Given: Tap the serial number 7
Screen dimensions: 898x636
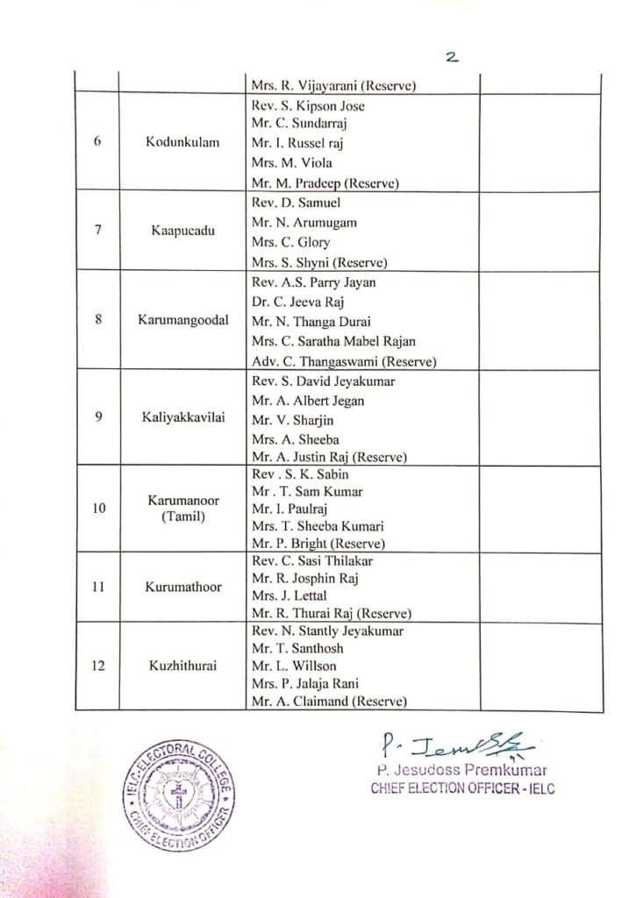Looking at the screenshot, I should pyautogui.click(x=96, y=232).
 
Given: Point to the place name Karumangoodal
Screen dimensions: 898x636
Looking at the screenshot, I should pyautogui.click(x=182, y=320).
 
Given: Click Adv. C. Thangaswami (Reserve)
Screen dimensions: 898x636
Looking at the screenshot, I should pyautogui.click(x=343, y=360).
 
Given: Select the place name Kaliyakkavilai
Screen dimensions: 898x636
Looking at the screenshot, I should pyautogui.click(x=182, y=417).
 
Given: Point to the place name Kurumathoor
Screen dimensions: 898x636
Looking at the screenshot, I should pyautogui.click(x=182, y=587).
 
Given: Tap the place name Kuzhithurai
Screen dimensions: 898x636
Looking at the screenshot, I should pyautogui.click(x=182, y=666).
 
